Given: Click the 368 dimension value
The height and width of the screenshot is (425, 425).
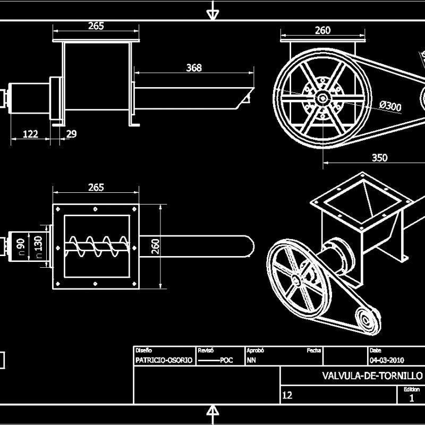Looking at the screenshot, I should coord(194,67).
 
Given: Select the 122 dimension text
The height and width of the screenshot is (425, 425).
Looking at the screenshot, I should coord(31,134).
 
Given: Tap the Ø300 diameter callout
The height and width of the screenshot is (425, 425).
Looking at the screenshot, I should coord(390,106).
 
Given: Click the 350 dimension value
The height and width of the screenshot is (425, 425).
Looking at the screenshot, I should coord(379,158).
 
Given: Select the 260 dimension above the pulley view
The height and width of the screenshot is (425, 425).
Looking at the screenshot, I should coord(322,30).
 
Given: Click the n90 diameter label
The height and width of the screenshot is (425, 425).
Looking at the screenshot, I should coord(21,246).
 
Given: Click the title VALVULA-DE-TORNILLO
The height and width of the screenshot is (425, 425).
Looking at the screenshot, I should coord(372,376).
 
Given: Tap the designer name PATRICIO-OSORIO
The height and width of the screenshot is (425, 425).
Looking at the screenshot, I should coord(164,360).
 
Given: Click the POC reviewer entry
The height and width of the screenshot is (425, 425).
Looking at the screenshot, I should coord(226,360).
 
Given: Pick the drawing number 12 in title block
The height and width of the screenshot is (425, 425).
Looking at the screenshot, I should coord(287,395).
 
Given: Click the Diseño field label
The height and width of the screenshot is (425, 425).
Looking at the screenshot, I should coord(143,351).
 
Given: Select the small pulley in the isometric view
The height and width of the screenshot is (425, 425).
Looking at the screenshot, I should coord(365,319).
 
